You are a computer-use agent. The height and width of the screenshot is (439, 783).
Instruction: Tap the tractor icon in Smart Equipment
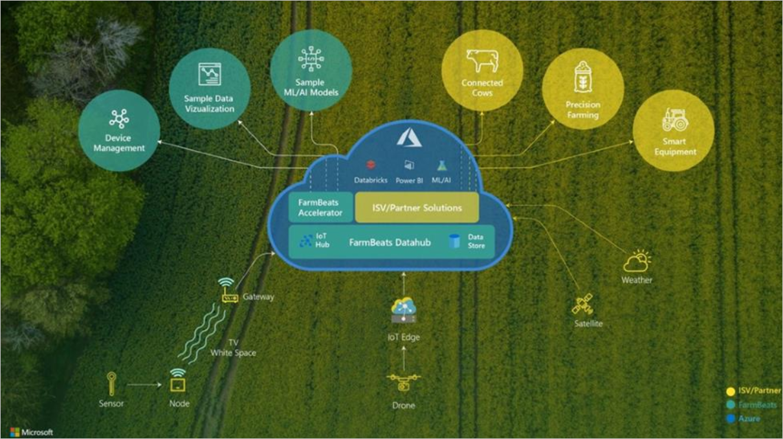click(675, 120)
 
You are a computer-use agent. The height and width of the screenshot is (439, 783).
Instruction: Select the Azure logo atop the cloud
click(409, 137)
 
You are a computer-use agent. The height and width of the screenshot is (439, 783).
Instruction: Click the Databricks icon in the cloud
click(371, 164)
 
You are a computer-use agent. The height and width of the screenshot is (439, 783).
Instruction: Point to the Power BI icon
click(409, 165)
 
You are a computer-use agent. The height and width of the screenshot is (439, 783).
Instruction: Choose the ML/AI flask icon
click(441, 166)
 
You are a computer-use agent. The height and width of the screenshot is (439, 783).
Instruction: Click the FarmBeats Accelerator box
click(320, 207)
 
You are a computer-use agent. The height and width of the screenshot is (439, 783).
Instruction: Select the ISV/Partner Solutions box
click(417, 207)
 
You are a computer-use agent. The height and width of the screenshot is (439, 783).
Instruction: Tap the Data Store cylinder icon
click(454, 242)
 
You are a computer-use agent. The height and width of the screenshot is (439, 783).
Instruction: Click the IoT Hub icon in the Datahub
click(306, 241)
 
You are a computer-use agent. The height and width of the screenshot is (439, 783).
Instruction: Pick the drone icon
click(404, 382)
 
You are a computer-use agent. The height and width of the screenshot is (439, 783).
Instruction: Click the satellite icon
click(582, 304)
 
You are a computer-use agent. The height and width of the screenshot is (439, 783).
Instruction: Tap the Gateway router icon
click(228, 290)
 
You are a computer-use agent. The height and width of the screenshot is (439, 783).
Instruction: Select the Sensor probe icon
click(111, 384)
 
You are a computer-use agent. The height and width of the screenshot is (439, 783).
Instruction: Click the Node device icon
click(178, 380)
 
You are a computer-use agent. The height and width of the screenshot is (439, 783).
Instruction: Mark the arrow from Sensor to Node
click(144, 385)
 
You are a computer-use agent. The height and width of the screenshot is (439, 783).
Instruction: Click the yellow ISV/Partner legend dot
click(731, 392)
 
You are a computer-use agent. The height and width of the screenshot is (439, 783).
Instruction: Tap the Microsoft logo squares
click(15, 432)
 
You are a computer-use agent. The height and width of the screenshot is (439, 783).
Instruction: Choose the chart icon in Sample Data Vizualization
click(210, 74)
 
